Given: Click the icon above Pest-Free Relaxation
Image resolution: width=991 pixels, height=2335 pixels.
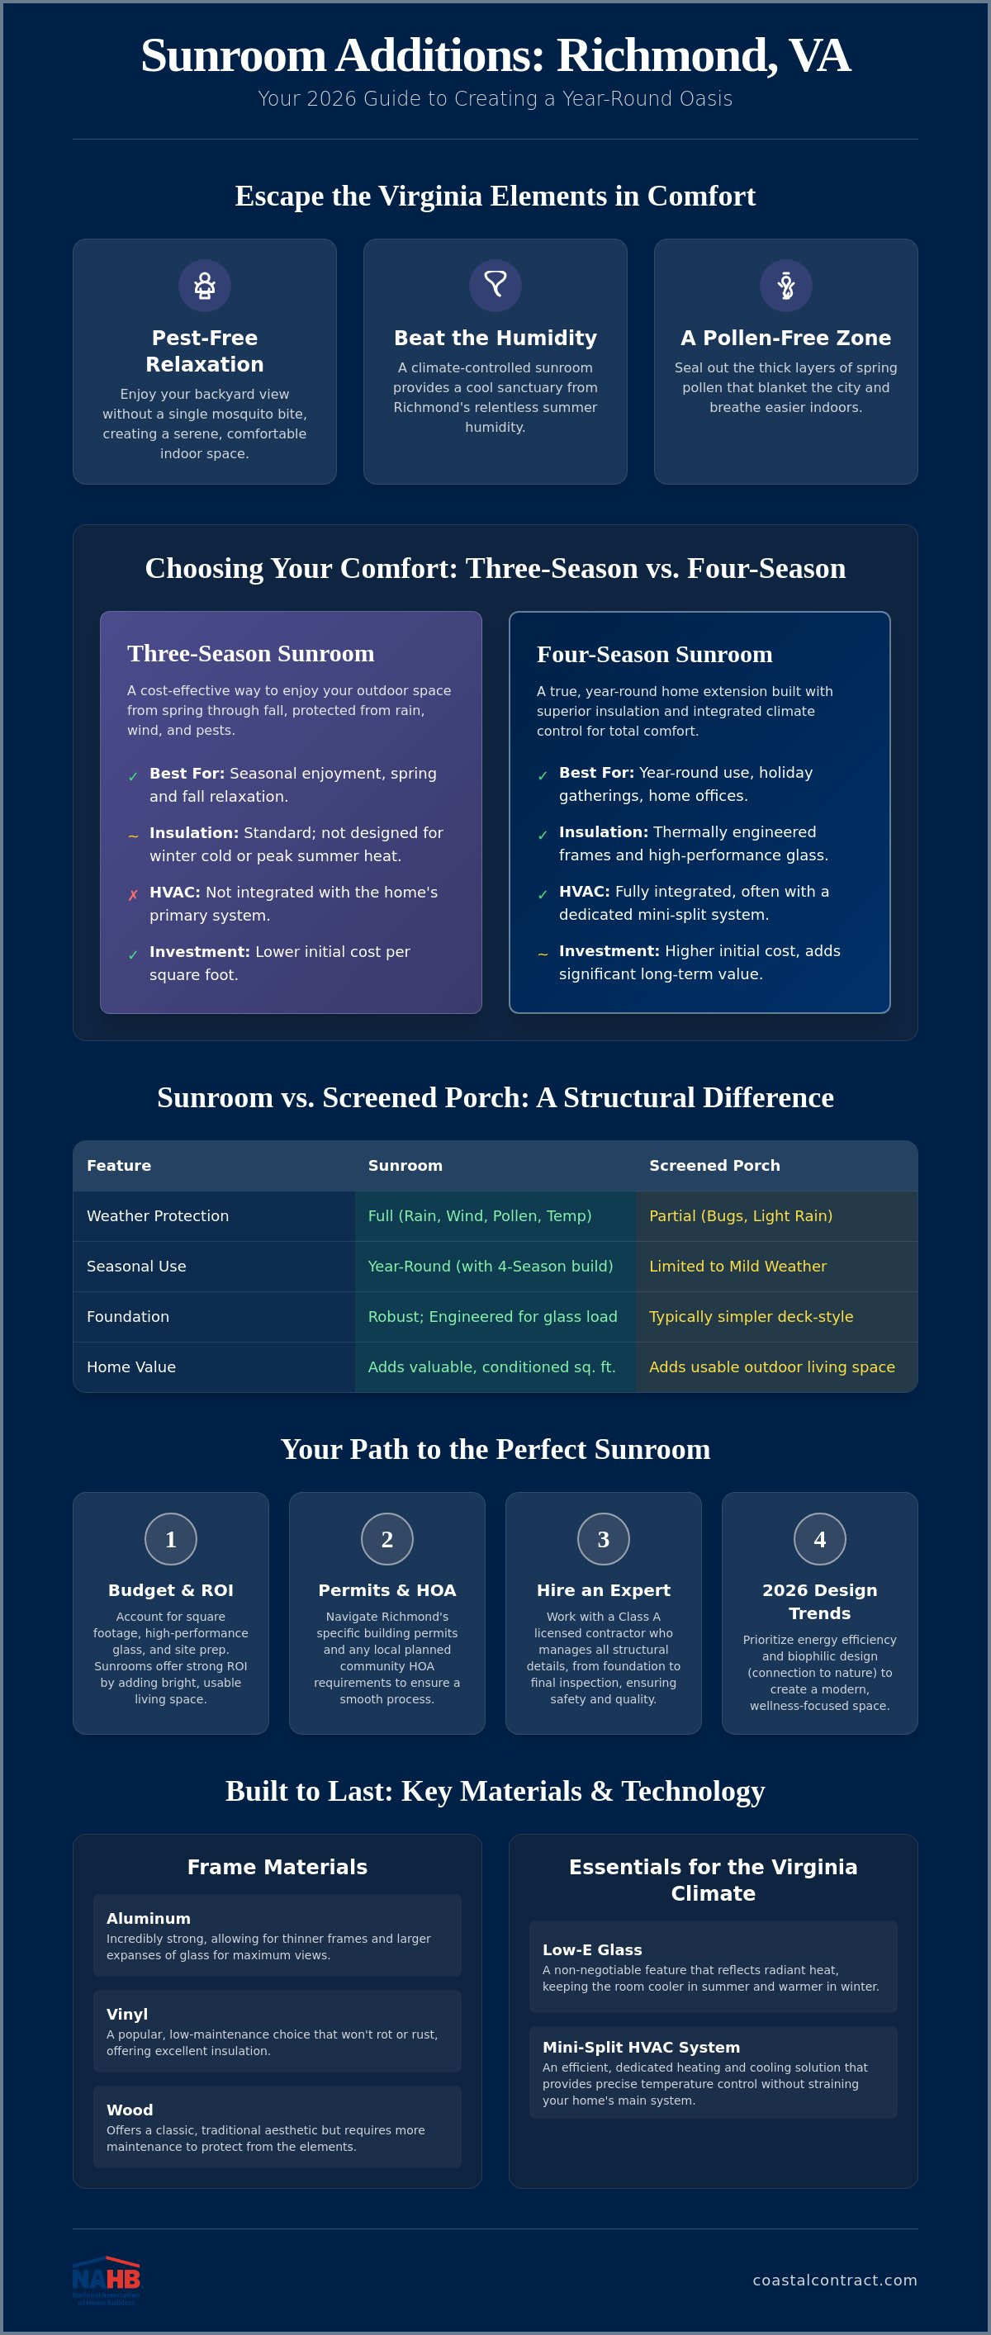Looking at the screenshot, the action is [x=205, y=286].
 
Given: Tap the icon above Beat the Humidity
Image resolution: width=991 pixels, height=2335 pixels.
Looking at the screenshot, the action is [x=495, y=286].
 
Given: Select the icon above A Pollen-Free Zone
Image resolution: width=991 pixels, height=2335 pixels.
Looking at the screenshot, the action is [x=786, y=286].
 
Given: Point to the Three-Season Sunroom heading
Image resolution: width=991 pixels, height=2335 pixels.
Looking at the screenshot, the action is [x=250, y=654].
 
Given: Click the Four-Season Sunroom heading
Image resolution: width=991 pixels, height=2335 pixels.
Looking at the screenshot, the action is [x=655, y=655].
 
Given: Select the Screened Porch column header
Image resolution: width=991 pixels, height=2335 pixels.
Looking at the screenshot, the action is [x=714, y=1166].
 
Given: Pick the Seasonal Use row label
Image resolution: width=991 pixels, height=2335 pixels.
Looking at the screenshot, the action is [x=136, y=1267].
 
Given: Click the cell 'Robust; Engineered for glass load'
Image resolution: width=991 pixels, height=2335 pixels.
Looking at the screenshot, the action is [x=492, y=1316].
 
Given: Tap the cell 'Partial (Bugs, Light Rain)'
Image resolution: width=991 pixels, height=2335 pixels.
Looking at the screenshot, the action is [x=741, y=1215].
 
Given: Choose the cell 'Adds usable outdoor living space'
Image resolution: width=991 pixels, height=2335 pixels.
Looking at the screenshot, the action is [x=771, y=1367].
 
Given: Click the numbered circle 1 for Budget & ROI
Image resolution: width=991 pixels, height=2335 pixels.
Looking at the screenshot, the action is [x=170, y=1538].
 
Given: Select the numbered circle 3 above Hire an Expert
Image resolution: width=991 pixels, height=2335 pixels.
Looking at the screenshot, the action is [x=604, y=1538].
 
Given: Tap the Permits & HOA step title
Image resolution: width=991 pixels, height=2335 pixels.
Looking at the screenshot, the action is [x=387, y=1590].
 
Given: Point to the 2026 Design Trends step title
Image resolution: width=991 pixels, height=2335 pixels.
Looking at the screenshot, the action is [x=819, y=1602].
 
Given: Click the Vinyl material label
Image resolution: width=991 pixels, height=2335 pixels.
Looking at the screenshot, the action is [x=127, y=2014].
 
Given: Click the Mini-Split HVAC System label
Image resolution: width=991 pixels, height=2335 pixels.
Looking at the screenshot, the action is [x=641, y=2047].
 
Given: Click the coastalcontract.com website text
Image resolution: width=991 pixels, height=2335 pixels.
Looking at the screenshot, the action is [x=835, y=2280].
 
